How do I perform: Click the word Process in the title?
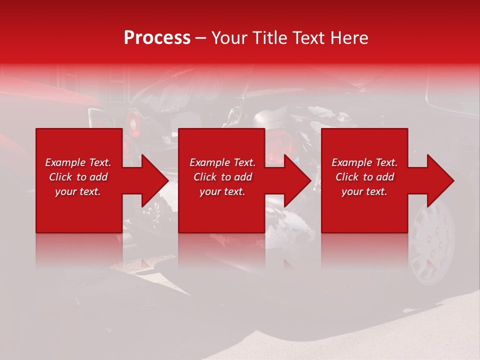(x=157, y=38)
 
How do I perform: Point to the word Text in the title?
(x=311, y=38)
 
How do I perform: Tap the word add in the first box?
(x=99, y=177)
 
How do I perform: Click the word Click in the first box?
(x=61, y=177)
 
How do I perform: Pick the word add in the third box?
(x=385, y=177)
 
